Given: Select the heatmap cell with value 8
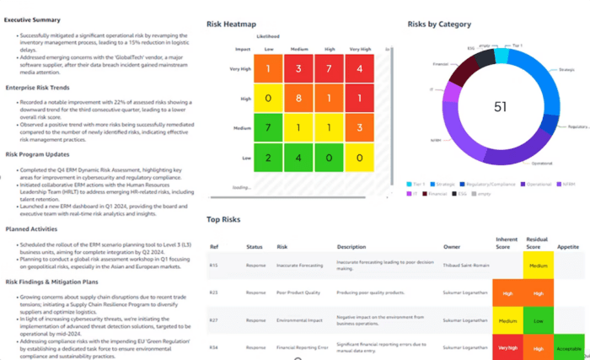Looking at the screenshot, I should (299, 98).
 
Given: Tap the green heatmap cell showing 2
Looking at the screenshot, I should (268, 158).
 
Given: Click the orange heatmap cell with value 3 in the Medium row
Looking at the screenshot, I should (360, 128).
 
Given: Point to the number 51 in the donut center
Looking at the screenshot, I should (476, 107).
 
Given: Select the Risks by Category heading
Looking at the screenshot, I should (439, 24).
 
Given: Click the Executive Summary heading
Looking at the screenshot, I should (31, 19).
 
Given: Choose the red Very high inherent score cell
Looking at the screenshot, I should (507, 347).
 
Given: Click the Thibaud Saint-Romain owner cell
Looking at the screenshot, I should (465, 266).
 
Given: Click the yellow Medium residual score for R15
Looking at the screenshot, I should (539, 266).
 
